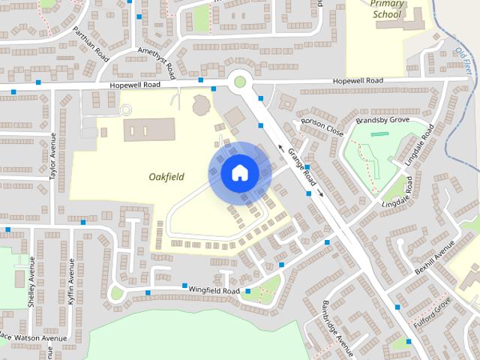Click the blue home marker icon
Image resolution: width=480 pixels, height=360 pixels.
click(x=239, y=172)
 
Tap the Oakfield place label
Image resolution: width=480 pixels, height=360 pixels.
click(x=167, y=176)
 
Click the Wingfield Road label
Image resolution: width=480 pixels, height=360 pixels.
click(x=214, y=290)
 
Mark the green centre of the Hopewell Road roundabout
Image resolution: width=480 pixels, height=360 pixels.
click(x=240, y=80)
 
